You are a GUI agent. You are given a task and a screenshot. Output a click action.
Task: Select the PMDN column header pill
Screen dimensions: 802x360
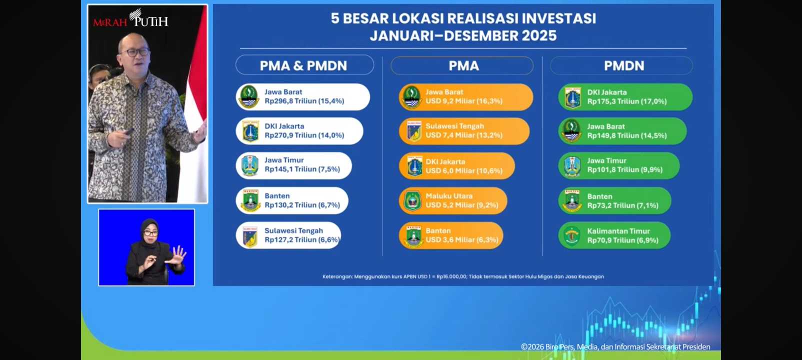621,65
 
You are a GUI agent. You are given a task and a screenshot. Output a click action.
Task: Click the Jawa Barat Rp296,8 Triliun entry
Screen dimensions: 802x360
303,96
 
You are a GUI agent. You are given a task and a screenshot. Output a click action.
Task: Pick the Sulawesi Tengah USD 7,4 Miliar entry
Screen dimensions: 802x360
464,131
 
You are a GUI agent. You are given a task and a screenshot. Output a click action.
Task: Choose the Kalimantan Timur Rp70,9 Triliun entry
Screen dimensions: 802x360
614,235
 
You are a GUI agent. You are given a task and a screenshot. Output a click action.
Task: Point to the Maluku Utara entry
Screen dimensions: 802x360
453,200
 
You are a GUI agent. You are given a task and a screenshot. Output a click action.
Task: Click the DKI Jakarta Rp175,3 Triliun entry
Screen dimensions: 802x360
625,96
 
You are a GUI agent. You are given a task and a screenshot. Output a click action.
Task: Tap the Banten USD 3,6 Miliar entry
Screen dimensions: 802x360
451,235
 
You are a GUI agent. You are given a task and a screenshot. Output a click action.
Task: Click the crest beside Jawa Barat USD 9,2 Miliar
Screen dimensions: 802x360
411,96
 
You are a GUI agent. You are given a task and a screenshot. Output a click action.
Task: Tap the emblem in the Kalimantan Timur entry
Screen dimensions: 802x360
572,235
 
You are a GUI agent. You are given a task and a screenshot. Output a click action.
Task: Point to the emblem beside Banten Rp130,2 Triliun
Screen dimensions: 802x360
250,200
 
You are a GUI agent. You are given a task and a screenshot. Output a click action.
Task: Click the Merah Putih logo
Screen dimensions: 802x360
130,19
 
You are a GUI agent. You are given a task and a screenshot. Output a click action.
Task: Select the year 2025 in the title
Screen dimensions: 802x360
539,35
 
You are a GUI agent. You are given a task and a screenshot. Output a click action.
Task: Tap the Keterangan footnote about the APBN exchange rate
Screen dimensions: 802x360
463,276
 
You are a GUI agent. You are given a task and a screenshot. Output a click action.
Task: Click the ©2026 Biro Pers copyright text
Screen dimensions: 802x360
615,346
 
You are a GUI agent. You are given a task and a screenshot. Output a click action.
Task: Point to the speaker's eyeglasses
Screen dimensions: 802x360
135,52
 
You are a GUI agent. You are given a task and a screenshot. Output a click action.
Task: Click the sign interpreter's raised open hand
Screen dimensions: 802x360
178,254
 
